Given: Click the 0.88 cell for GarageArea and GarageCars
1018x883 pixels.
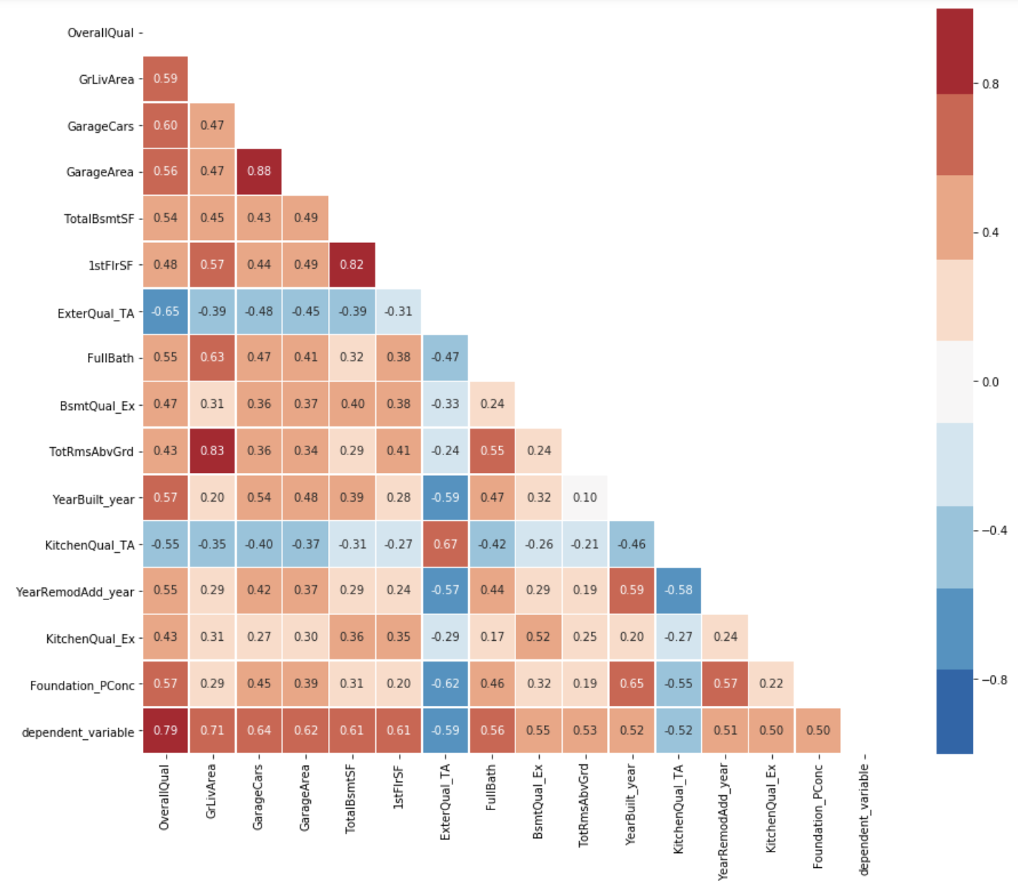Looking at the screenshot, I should pyautogui.click(x=259, y=171).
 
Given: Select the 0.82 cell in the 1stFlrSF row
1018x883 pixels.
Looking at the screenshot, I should pyautogui.click(x=352, y=264).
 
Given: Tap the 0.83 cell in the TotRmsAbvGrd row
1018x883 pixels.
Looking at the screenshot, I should pyautogui.click(x=212, y=451).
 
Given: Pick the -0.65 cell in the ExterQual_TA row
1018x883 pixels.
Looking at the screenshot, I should pyautogui.click(x=165, y=311).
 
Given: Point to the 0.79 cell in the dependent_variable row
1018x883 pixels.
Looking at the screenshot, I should pyautogui.click(x=165, y=730).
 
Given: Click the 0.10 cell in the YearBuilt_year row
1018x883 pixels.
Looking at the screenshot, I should pyautogui.click(x=585, y=497).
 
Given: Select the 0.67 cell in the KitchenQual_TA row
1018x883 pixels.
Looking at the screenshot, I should pyautogui.click(x=445, y=544).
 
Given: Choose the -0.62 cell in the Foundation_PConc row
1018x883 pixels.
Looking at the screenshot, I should pyautogui.click(x=445, y=684).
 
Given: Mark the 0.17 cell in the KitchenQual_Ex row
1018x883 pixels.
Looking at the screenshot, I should pyautogui.click(x=492, y=637).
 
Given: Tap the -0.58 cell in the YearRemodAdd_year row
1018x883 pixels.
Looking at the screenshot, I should pyautogui.click(x=678, y=590).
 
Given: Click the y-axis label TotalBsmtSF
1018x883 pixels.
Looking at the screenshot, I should pyautogui.click(x=99, y=219).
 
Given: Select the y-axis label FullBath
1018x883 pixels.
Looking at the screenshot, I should pyautogui.click(x=110, y=358).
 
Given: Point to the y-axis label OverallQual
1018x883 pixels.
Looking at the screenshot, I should pyautogui.click(x=100, y=33).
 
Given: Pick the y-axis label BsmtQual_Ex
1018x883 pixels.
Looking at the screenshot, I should pyautogui.click(x=97, y=406).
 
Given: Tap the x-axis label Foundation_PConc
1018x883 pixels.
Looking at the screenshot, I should pyautogui.click(x=819, y=817).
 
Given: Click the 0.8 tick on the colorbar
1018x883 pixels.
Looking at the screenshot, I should pyautogui.click(x=990, y=84).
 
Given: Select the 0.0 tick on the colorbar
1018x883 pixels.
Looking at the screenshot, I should pyautogui.click(x=990, y=382).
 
